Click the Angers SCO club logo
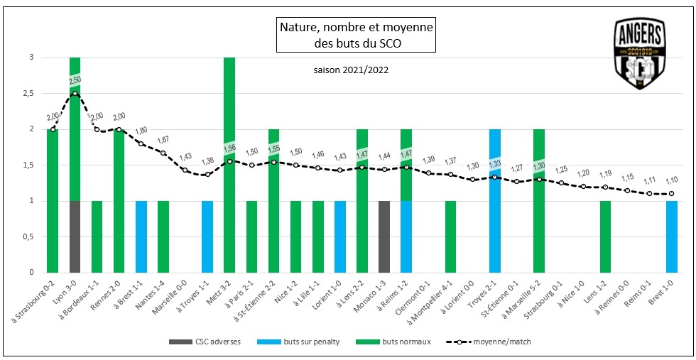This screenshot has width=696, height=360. (640, 55)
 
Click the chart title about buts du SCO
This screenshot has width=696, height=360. (354, 36)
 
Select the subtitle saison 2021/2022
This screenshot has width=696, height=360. (351, 70)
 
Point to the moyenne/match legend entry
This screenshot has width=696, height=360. (491, 342)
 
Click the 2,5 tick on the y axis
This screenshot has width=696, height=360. (28, 94)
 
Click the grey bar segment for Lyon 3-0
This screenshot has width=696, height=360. (75, 236)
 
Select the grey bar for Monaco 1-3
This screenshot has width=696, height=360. (384, 236)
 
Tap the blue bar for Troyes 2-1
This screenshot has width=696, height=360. (495, 201)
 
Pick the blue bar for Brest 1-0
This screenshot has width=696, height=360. (672, 236)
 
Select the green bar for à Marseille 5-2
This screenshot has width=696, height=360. (539, 201)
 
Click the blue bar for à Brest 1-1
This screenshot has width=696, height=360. (141, 236)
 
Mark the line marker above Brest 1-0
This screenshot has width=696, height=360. (672, 193)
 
